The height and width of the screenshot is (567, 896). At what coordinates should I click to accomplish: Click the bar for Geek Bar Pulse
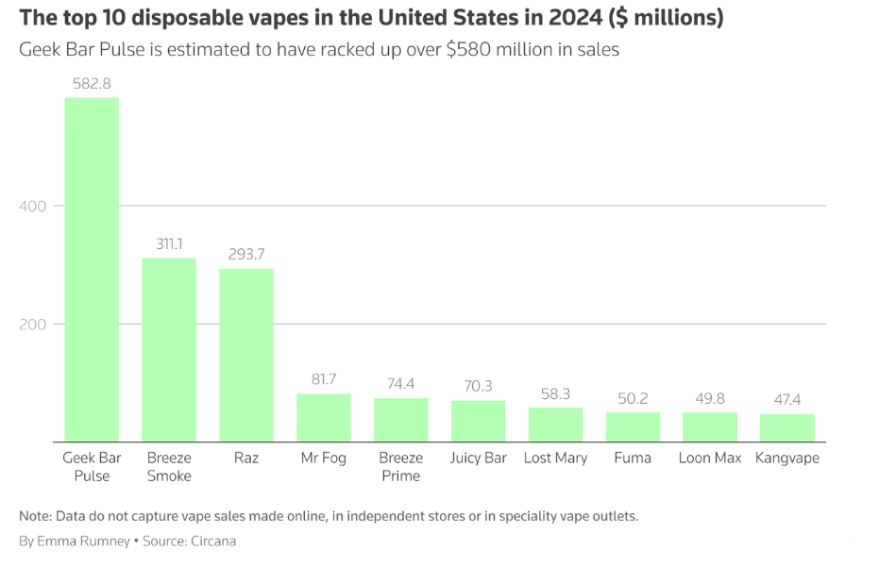click(92, 269)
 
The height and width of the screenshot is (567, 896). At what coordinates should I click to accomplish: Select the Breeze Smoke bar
click(169, 349)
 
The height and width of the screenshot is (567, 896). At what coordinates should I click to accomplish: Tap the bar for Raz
click(246, 355)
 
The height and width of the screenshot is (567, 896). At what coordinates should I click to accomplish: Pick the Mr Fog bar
click(324, 417)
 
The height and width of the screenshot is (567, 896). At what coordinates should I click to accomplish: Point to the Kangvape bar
click(787, 427)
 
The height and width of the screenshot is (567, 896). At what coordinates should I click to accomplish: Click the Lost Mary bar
click(555, 424)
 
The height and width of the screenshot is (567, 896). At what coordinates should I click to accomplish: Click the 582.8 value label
click(92, 83)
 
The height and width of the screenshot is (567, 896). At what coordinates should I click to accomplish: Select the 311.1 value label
click(169, 243)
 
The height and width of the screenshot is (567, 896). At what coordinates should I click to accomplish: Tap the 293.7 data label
click(246, 254)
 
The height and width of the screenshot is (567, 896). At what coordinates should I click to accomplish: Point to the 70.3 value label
click(478, 386)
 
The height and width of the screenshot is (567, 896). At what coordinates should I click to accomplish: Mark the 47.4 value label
click(787, 400)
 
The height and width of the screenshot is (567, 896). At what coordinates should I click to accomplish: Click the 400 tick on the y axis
click(32, 206)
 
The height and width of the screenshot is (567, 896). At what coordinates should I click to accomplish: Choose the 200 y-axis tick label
click(32, 324)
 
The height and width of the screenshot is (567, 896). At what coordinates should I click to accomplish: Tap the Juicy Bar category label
click(478, 459)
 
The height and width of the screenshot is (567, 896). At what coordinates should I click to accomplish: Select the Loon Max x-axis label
click(710, 459)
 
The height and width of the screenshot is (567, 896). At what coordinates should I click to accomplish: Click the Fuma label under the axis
click(633, 459)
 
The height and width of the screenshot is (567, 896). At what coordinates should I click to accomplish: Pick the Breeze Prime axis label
click(400, 467)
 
